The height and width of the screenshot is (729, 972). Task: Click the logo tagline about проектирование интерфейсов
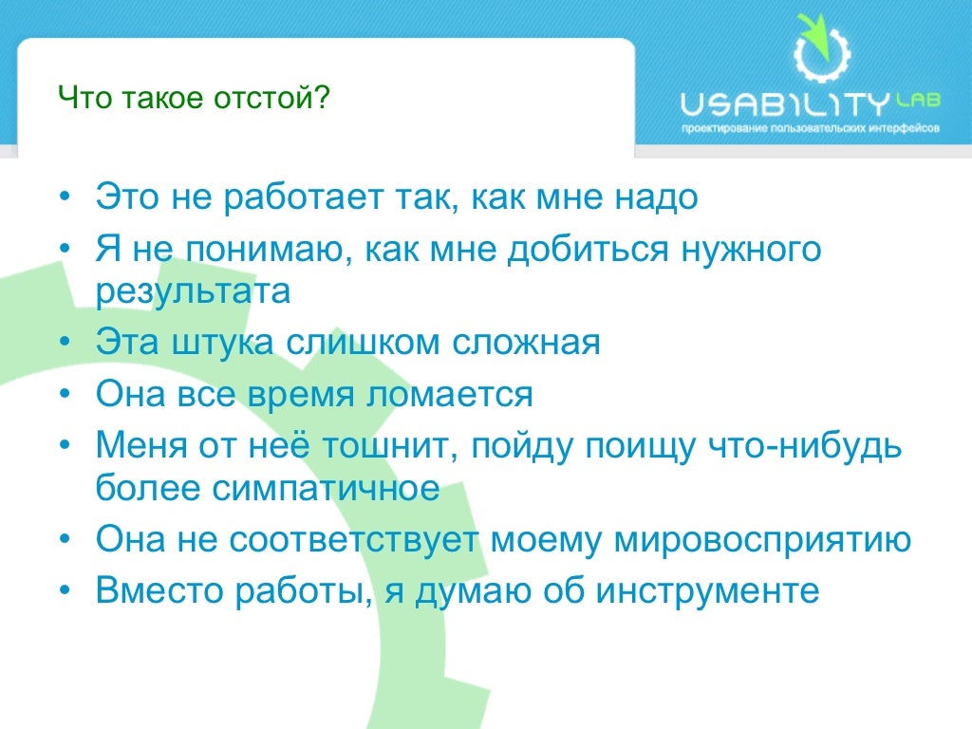click(x=811, y=127)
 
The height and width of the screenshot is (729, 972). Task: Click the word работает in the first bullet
click(x=306, y=197)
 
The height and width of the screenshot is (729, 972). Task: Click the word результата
click(x=193, y=290)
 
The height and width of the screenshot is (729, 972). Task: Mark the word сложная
click(x=527, y=342)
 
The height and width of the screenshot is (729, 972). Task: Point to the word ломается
click(x=449, y=393)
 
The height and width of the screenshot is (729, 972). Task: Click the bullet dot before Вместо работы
click(x=65, y=590)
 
